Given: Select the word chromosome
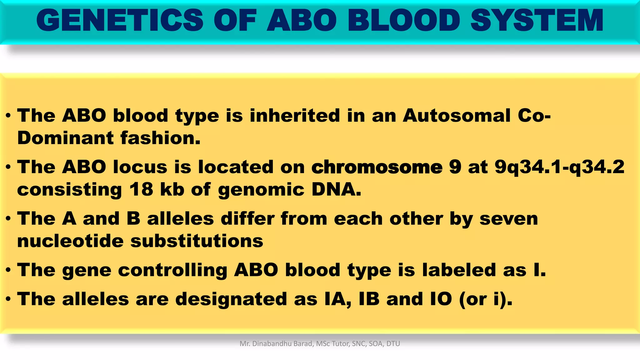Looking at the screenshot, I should click(x=377, y=167).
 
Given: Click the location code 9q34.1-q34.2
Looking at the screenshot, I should click(x=559, y=167).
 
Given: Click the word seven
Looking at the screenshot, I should click(x=508, y=218).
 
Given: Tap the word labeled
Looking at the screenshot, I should click(x=459, y=270).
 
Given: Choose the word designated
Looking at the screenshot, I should click(x=231, y=299).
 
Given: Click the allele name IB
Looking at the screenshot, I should click(x=369, y=299).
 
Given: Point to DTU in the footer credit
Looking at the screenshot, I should click(x=393, y=344).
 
